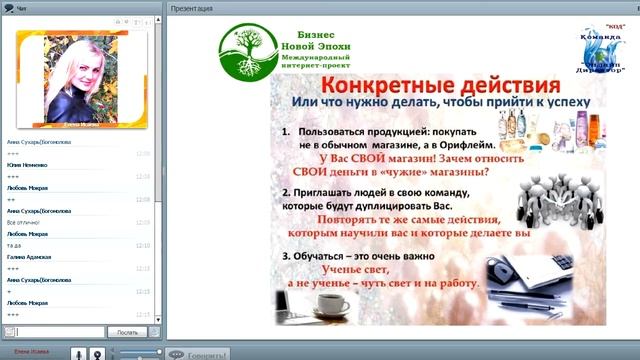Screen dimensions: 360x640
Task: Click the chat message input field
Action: point(60,332)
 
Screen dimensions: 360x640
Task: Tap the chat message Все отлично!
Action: point(23,221)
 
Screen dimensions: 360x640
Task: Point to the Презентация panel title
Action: point(191,8)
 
